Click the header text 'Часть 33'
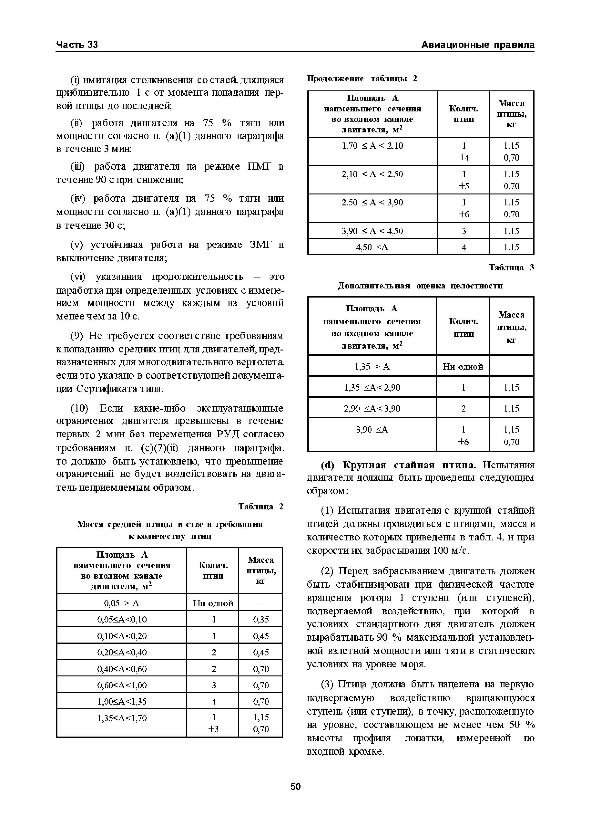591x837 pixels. pyautogui.click(x=77, y=45)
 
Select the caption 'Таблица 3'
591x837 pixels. pyautogui.click(x=511, y=267)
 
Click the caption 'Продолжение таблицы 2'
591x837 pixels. pyautogui.click(x=362, y=78)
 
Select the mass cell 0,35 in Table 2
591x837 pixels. pyautogui.click(x=261, y=619)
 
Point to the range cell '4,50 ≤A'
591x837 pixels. pyautogui.click(x=372, y=247)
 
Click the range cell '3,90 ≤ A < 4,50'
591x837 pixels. pyautogui.click(x=372, y=231)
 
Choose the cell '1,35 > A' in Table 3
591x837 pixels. pyautogui.click(x=372, y=366)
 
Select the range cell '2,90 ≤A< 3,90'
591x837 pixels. pyautogui.click(x=372, y=408)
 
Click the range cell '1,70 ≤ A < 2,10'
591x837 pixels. pyautogui.click(x=372, y=146)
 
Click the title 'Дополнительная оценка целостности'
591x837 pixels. pyautogui.click(x=420, y=285)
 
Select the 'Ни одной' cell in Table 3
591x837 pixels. pyautogui.click(x=463, y=366)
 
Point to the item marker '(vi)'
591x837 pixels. pyautogui.click(x=77, y=277)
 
